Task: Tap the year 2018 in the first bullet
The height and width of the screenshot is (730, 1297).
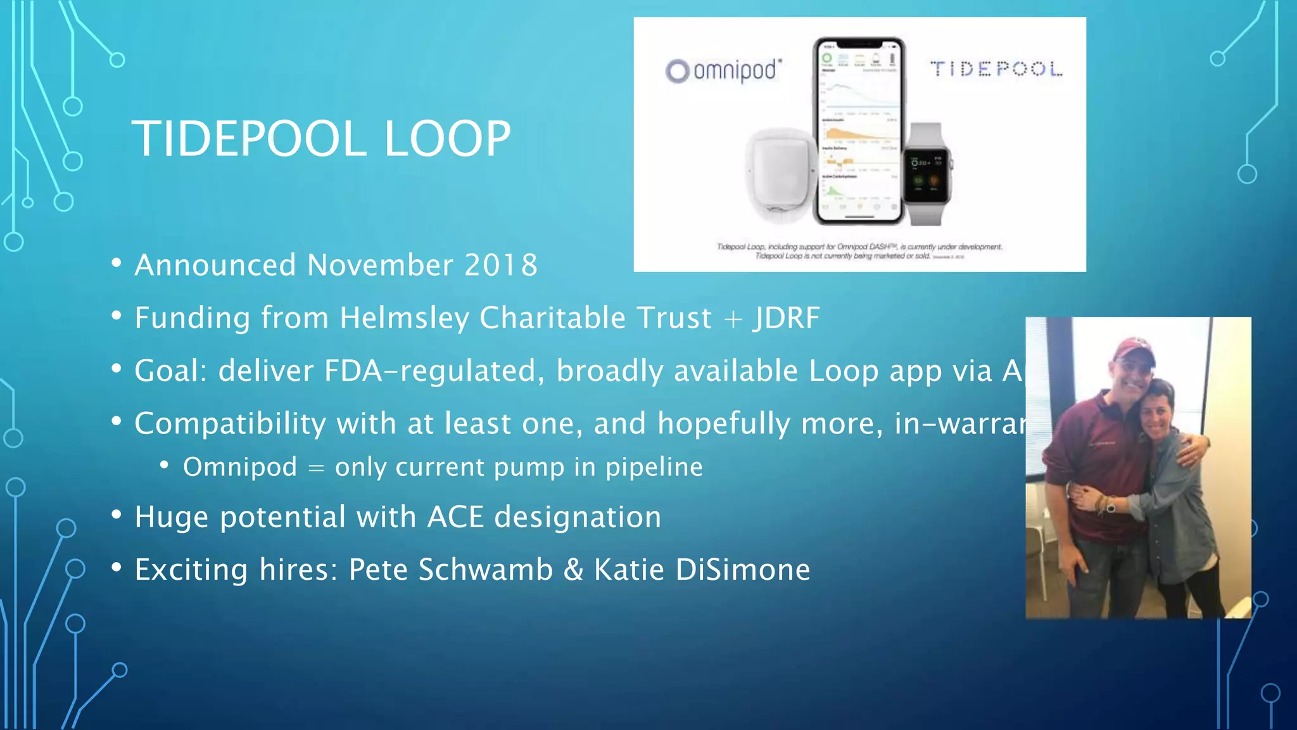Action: click(x=501, y=265)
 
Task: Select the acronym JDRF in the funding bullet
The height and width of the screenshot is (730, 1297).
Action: click(x=787, y=317)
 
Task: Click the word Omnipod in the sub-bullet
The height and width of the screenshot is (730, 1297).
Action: click(x=240, y=467)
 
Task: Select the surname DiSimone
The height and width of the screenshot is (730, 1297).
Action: click(x=742, y=569)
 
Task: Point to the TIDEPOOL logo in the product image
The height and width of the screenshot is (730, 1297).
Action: click(x=996, y=68)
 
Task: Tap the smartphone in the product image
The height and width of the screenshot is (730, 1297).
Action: click(x=859, y=131)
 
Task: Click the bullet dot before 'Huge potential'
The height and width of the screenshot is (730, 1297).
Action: click(x=116, y=515)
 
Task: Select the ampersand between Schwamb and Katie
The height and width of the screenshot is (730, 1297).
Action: click(x=573, y=569)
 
